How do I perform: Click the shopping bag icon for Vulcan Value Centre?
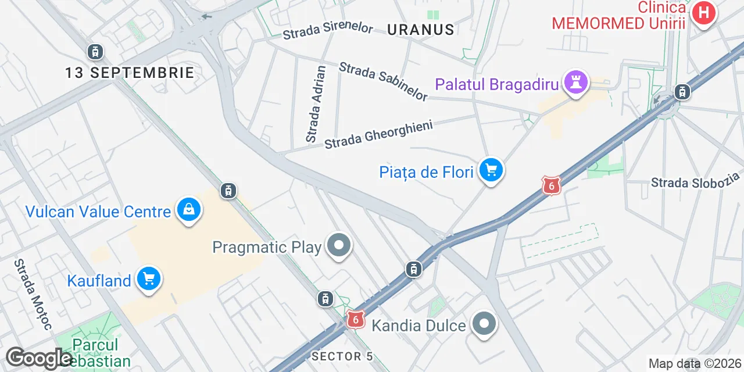[x=189, y=210]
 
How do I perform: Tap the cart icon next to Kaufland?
[x=149, y=280]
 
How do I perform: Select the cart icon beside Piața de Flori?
[x=491, y=171]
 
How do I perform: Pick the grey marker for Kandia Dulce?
[x=484, y=324]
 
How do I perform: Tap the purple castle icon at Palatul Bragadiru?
[x=576, y=83]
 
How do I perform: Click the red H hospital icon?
[x=703, y=13]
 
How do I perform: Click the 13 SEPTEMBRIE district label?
[x=130, y=73]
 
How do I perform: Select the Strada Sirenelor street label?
[x=328, y=31]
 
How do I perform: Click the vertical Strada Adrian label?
[x=316, y=104]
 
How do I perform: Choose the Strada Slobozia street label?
[x=696, y=180]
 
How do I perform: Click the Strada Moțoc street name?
[x=34, y=294]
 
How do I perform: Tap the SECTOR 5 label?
[x=342, y=356]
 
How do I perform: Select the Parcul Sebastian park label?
[x=96, y=352]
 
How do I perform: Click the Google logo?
[x=39, y=359]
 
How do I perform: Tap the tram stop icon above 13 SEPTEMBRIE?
[x=95, y=52]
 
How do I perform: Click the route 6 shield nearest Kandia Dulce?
[x=356, y=319]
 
